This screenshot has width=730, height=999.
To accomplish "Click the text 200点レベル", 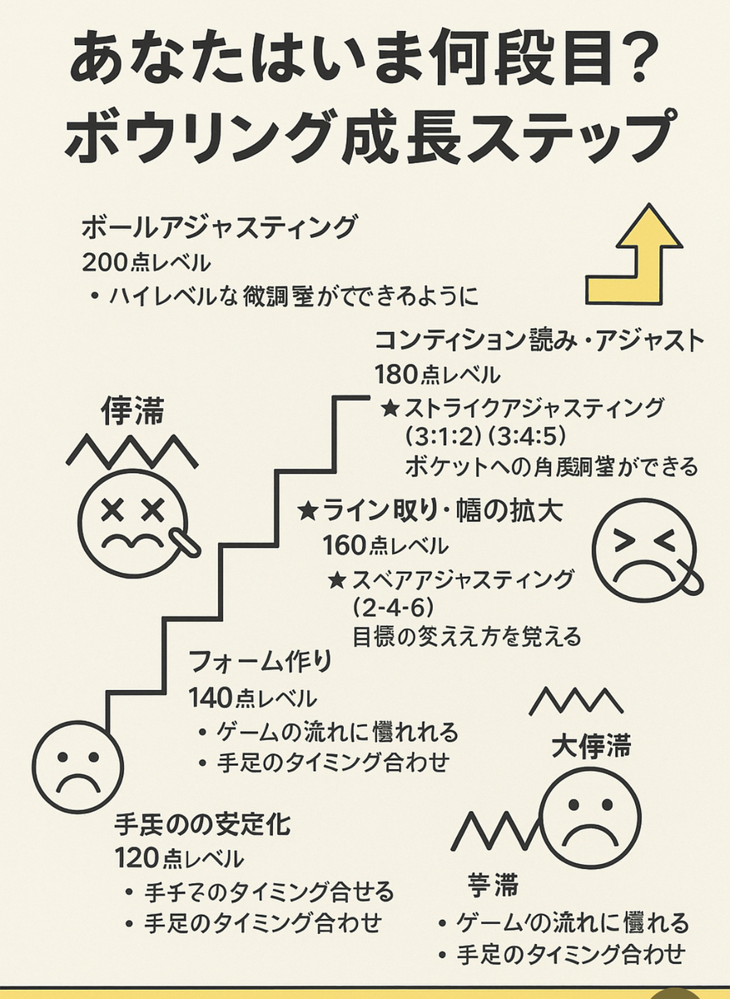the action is [146, 263].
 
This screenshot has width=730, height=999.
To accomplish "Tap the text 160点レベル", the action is [385, 545].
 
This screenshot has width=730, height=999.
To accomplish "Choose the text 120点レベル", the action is [179, 857].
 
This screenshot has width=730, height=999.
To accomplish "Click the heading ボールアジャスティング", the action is [220, 226].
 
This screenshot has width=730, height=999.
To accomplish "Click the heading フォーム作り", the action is [261, 662].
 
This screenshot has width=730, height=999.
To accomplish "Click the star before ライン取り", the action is [308, 509].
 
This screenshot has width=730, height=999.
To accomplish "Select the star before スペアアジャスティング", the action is [338, 578].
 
